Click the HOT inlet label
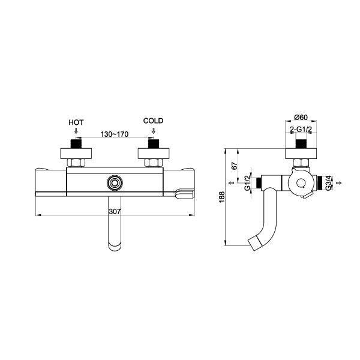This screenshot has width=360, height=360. click(x=76, y=122)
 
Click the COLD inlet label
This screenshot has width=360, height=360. click(x=153, y=121)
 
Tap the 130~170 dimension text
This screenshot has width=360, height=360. click(x=115, y=134)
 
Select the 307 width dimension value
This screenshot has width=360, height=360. click(x=115, y=211)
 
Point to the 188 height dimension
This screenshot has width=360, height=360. click(x=222, y=197)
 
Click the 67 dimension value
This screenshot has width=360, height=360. click(x=234, y=166)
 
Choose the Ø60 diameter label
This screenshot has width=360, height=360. click(x=301, y=118)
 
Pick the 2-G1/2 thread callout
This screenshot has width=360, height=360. click(x=301, y=130)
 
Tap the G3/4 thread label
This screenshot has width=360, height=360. click(x=329, y=183)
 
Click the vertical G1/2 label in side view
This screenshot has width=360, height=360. click(x=247, y=183)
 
